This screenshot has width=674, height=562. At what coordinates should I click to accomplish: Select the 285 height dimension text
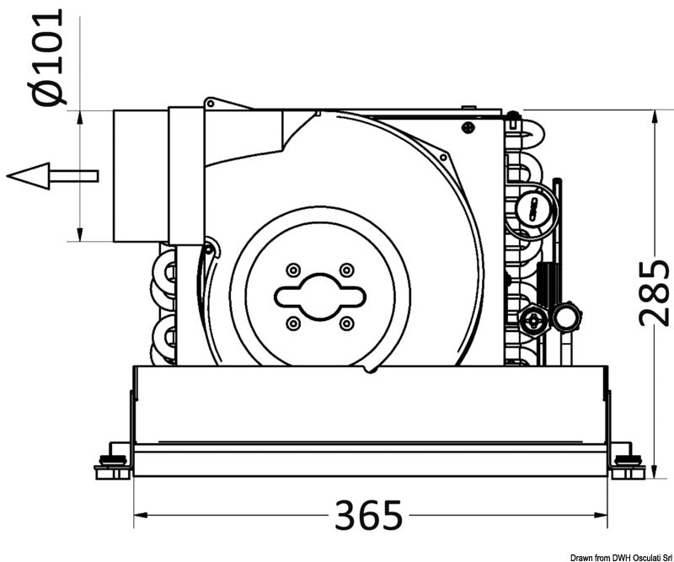tap(654, 292)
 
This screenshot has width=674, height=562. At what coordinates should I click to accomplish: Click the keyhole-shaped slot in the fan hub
tap(320, 297)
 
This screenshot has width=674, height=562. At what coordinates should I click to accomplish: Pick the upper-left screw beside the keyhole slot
tap(293, 270)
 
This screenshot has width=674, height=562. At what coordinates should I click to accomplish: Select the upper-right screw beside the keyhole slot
tap(346, 270)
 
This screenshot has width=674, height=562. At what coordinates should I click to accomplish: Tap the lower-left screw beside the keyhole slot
tap(293, 324)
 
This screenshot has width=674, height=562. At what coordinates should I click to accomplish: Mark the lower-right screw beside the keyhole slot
tap(346, 324)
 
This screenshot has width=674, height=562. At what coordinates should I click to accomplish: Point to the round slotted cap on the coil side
tap(534, 207)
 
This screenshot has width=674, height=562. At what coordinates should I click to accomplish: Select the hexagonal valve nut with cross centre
tap(532, 319)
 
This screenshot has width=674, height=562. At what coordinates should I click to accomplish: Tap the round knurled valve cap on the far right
tap(565, 318)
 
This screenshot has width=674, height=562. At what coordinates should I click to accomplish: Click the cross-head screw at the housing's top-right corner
tap(467, 127)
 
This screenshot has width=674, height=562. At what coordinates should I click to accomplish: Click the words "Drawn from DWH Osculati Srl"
tap(619, 556)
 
